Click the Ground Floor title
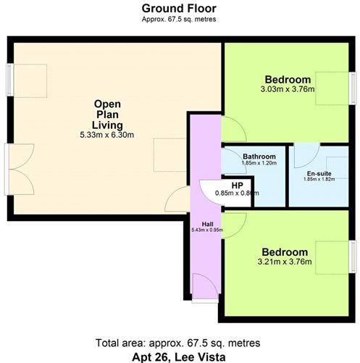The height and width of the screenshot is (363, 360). click(180, 8)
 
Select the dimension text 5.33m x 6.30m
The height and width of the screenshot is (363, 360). click(107, 135)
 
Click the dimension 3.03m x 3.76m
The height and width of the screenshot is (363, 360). click(288, 90)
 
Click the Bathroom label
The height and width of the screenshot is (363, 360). click(259, 157)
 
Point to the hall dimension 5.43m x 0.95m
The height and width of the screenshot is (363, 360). click(206, 230)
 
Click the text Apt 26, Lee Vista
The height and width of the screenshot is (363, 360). click(180, 355)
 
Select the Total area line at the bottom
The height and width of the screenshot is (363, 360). click(180, 342)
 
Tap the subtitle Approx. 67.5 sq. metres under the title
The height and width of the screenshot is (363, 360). click(180, 19)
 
